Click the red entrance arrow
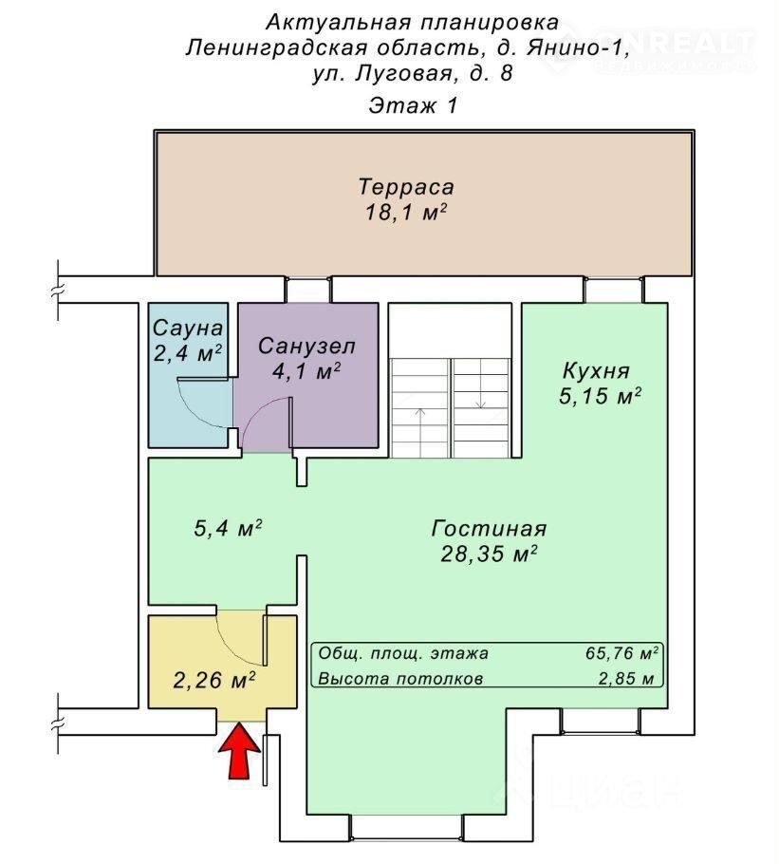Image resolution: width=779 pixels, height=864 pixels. [239, 751]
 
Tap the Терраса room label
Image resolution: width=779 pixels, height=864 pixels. [406, 187]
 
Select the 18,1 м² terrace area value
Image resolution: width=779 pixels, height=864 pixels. [406, 212]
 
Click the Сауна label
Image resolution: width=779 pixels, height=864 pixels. [188, 328]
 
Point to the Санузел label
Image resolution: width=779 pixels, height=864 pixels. [306, 346]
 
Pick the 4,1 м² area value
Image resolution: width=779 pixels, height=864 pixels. [306, 371]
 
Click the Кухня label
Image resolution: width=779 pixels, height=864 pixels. [596, 371]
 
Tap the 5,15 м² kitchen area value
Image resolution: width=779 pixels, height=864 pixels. [600, 396]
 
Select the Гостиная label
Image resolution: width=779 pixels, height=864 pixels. [489, 528]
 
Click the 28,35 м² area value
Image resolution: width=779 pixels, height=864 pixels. [489, 554]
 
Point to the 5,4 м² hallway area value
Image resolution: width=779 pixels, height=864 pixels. [228, 529]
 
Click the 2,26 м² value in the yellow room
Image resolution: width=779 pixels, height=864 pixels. [214, 680]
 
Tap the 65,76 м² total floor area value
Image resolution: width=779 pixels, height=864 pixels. [622, 653]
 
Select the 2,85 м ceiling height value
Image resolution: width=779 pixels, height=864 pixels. [626, 678]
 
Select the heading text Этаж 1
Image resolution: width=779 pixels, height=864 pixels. [413, 105]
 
